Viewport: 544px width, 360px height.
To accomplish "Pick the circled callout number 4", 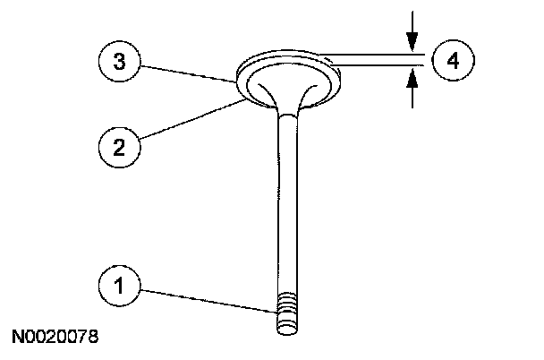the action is point(452,61).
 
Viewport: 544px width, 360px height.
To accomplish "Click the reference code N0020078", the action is point(55,339).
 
